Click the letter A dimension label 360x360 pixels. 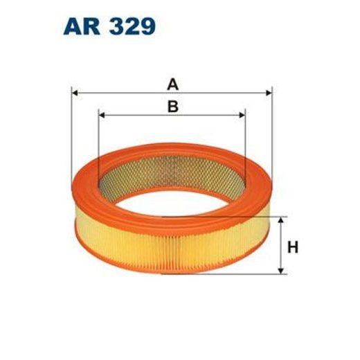(x=172, y=84)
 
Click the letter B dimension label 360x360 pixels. (x=172, y=106)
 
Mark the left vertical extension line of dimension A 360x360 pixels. (x=72, y=138)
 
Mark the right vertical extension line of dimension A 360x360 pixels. (x=273, y=138)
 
